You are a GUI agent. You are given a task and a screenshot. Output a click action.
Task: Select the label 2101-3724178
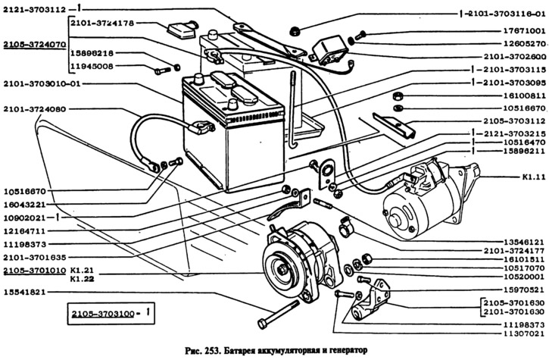101,23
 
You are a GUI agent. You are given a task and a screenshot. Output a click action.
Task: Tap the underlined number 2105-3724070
33,45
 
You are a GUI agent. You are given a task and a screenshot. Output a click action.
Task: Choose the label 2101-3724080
33,109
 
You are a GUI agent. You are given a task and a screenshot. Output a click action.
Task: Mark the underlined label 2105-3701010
33,270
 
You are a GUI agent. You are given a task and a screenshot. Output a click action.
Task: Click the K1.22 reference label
81,279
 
